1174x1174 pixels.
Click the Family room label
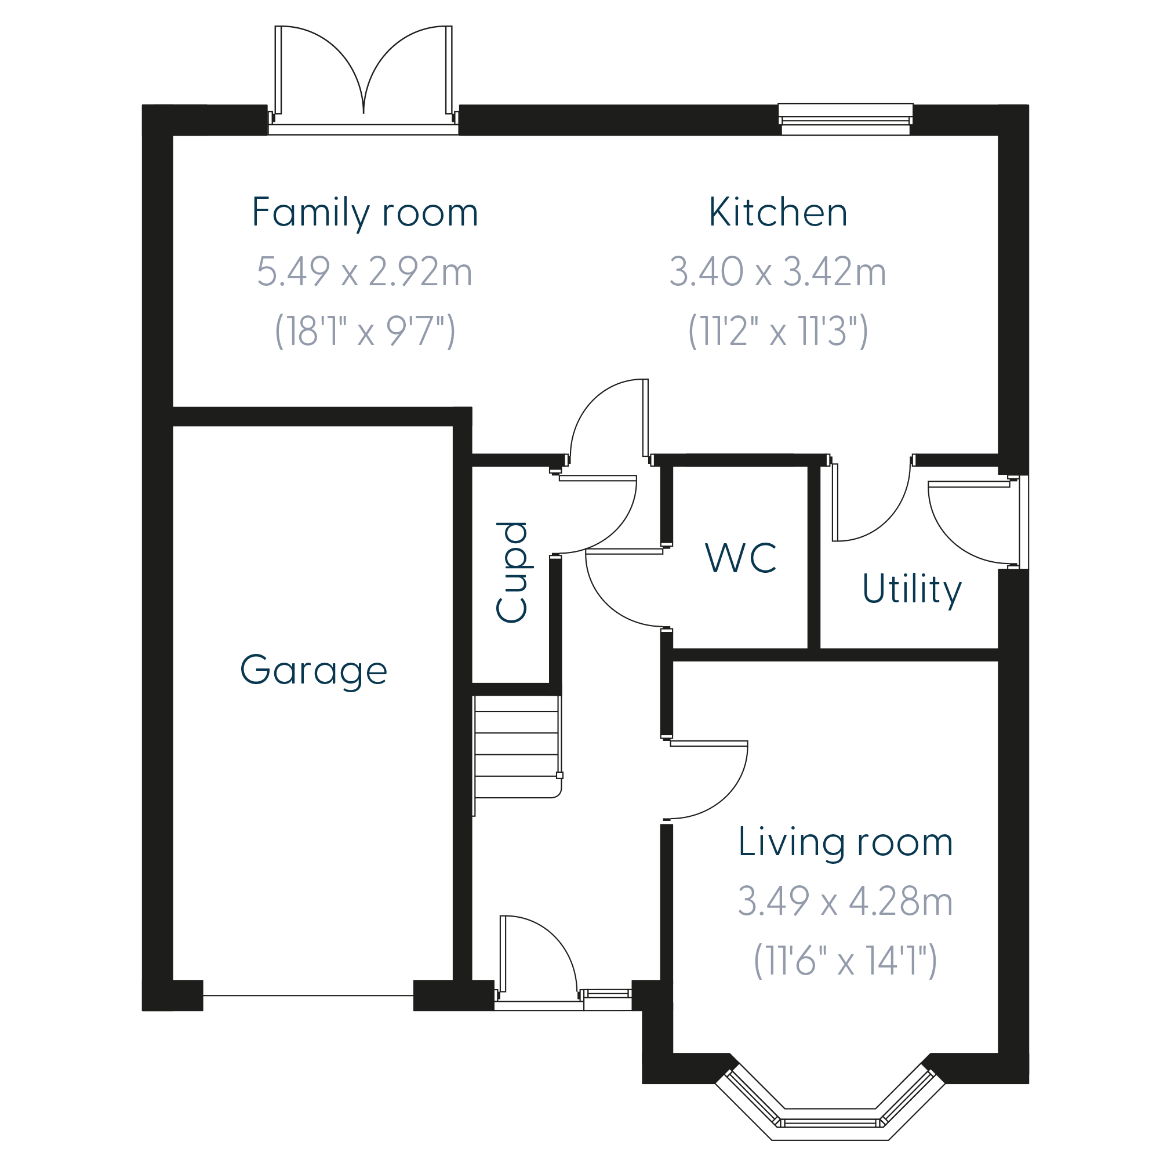click(x=365, y=213)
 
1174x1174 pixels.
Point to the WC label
click(x=741, y=557)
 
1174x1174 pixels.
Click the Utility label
click(x=911, y=590)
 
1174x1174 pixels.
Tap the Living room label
click(x=845, y=843)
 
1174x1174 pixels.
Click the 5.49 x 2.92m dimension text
click(x=365, y=272)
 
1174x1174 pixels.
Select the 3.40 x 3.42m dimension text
click(x=778, y=272)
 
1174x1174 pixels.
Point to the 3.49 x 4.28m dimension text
click(x=845, y=901)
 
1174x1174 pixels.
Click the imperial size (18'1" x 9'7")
click(x=365, y=331)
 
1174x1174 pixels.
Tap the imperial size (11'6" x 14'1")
click(x=845, y=961)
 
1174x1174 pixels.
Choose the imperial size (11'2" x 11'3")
click(x=778, y=331)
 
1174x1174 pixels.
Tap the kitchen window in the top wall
click(x=845, y=119)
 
